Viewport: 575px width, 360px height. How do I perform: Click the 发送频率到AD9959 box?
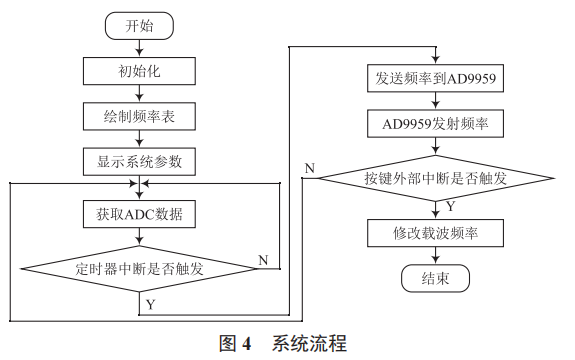(434, 78)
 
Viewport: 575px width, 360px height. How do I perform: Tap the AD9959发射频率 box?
(434, 124)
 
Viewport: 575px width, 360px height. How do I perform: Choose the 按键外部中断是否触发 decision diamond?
(434, 179)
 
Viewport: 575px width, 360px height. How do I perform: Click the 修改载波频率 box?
(434, 234)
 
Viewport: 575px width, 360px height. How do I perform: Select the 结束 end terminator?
(434, 279)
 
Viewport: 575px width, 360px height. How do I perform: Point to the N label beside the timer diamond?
(263, 260)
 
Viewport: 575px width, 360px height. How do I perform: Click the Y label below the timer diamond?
(150, 302)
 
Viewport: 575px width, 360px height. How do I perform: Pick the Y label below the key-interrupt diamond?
(450, 207)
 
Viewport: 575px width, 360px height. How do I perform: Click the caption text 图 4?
(234, 344)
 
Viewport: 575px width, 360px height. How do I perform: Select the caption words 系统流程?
(309, 344)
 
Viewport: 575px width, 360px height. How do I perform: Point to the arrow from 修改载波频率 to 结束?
(434, 256)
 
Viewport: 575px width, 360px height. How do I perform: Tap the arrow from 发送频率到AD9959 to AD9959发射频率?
(434, 101)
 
